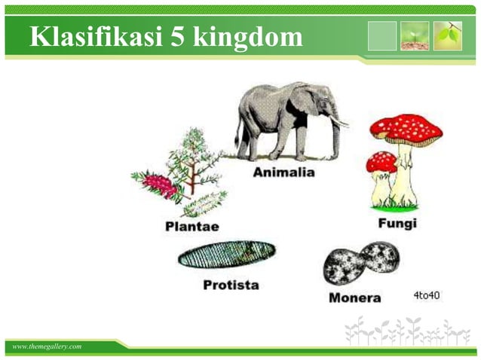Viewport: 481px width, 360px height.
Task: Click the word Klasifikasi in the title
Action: pos(91,35)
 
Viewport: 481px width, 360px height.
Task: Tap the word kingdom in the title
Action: pos(248,36)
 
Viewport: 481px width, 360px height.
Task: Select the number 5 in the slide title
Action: pos(175,35)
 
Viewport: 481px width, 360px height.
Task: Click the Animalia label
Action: pos(283,172)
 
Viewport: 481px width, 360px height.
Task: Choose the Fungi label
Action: pos(397,224)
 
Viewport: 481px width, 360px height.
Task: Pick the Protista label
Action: pos(231,285)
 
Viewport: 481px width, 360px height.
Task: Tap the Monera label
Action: pos(354,297)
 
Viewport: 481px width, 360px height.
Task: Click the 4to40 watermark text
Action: pos(426,294)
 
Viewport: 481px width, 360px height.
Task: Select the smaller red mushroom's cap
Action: pos(381,160)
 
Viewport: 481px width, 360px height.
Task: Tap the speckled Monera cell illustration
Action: pos(361,262)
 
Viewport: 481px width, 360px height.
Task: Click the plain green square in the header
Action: pos(382,35)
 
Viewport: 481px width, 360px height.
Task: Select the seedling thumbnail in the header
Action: pos(415,35)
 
